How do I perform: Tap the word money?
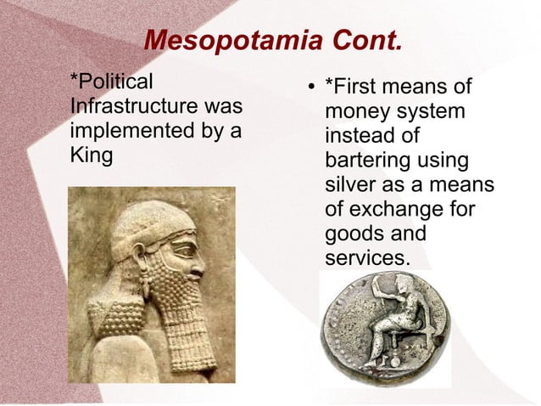(x=357, y=112)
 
